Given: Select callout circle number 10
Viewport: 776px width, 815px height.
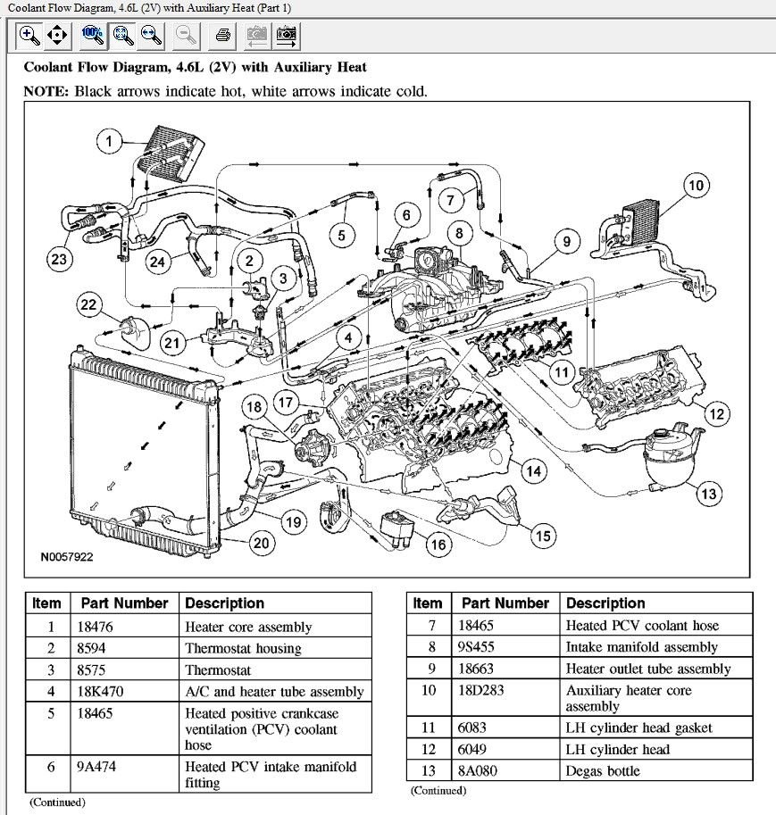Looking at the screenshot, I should tap(697, 186).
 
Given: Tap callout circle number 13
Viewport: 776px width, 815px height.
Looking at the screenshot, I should tap(709, 493).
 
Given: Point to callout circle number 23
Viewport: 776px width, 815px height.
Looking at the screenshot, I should tap(58, 260).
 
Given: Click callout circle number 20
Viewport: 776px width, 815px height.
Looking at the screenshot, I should tap(261, 543).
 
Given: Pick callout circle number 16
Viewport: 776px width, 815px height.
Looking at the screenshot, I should tap(438, 544).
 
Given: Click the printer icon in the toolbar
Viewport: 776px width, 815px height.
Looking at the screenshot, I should tap(223, 36).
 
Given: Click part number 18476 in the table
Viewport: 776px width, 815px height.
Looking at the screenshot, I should tap(96, 627).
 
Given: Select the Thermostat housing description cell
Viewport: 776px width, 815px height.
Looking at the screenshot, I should tap(243, 648).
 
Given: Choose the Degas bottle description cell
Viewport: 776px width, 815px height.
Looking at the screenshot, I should tap(603, 770).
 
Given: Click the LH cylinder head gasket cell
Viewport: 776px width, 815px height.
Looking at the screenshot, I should tap(638, 728).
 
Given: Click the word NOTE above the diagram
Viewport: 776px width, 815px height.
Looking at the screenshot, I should tap(45, 91).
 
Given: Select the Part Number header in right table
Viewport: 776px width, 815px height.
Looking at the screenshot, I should tap(505, 603).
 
